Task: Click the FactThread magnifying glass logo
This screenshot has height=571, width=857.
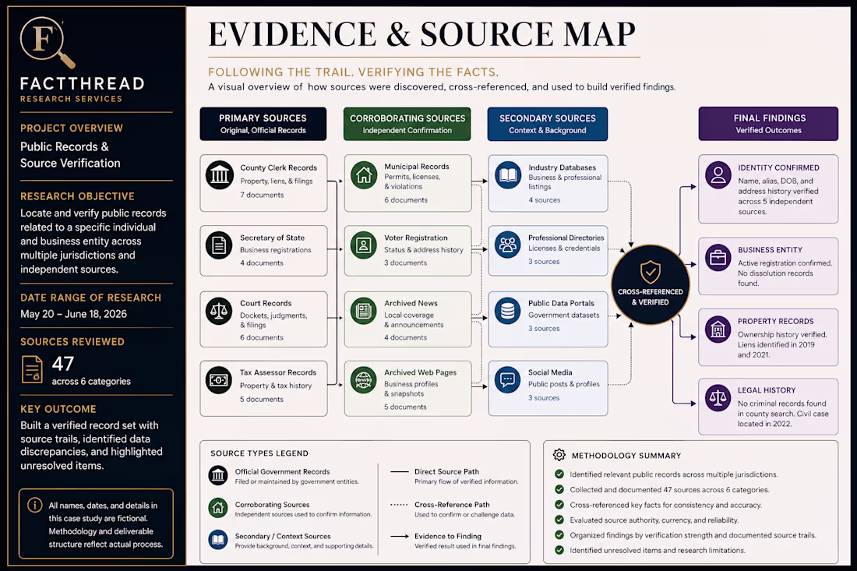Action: point(44,41)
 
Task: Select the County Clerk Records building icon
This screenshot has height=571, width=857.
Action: point(219,175)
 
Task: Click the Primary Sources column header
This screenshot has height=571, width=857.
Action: point(263,124)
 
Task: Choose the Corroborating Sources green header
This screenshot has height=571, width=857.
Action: point(407,124)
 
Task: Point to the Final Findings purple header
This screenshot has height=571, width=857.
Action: point(768,124)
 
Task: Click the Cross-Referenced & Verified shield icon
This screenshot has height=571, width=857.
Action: point(651,272)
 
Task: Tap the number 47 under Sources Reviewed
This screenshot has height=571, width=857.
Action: point(63,363)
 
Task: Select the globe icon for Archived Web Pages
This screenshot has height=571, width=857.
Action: point(364,380)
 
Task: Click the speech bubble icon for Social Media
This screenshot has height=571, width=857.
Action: point(508,379)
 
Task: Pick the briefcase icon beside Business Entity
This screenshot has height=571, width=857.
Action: point(718,257)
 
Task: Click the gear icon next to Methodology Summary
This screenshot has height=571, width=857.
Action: point(559,455)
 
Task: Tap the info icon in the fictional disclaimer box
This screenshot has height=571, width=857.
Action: point(34,505)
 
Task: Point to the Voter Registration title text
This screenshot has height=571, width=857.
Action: point(415,238)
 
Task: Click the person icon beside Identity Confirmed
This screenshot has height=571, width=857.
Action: point(718,175)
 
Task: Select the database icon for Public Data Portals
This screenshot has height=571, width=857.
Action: point(508,311)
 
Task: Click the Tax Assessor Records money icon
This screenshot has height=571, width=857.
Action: point(219,380)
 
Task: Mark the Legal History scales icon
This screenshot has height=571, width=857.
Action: point(718,398)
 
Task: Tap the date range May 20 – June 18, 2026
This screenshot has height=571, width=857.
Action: point(73,314)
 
